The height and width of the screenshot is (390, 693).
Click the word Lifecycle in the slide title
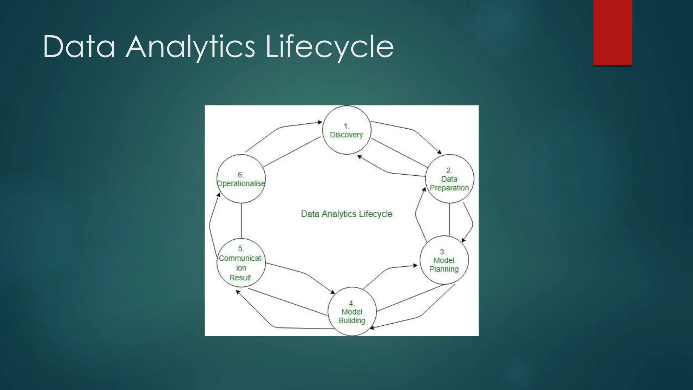click(330, 47)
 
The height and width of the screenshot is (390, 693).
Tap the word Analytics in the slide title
click(190, 47)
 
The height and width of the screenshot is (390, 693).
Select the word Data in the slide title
click(79, 47)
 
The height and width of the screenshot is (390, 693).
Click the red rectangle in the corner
click(612, 32)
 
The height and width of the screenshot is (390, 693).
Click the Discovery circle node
click(346, 130)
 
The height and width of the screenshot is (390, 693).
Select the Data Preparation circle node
click(449, 179)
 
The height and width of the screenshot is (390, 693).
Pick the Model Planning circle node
click(444, 260)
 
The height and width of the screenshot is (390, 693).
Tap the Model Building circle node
click(352, 311)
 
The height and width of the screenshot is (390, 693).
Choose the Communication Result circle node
click(241, 263)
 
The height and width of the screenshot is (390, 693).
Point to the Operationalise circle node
click(241, 179)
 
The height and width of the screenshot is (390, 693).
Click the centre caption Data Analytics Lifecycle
click(346, 214)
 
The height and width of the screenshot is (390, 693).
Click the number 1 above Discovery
click(346, 126)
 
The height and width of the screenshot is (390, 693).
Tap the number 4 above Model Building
click(352, 303)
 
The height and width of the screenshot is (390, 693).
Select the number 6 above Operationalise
click(240, 175)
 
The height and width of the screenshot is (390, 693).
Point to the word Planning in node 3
click(444, 269)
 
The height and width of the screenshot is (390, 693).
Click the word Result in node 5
click(240, 278)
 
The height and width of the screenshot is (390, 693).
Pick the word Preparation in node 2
click(449, 188)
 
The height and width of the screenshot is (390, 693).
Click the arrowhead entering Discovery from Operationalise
click(320, 122)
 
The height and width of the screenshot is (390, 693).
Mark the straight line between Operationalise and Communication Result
click(241, 221)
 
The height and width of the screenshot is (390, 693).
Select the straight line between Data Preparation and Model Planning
click(450, 219)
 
